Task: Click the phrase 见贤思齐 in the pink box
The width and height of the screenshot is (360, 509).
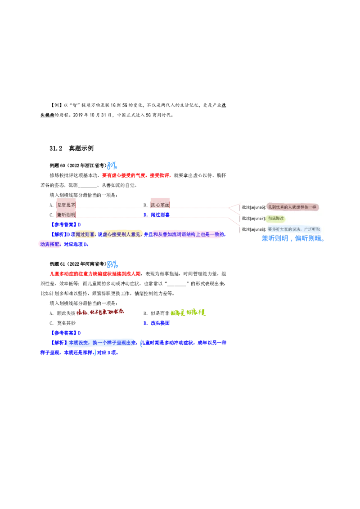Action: [x=66, y=205]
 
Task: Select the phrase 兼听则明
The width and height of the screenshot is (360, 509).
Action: [x=66, y=215]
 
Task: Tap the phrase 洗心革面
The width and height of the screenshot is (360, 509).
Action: [x=160, y=205]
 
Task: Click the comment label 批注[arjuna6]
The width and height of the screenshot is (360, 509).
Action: [x=253, y=207]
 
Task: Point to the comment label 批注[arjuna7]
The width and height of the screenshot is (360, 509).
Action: [x=253, y=219]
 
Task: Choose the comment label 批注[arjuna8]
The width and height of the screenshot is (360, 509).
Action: [x=253, y=229]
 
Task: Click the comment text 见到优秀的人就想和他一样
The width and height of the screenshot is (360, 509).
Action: [x=292, y=207]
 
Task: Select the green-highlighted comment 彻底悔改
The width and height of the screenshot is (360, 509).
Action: [x=276, y=219]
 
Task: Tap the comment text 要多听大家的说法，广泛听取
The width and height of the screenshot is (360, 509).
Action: [x=294, y=229]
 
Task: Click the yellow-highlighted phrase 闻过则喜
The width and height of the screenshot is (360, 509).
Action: [x=86, y=234]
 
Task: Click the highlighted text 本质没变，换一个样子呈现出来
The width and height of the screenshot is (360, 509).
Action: [x=101, y=343]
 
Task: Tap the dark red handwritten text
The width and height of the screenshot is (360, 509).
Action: [x=100, y=311]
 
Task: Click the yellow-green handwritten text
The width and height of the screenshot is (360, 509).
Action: [x=188, y=312]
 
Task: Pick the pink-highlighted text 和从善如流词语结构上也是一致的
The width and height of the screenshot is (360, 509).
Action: [x=188, y=234]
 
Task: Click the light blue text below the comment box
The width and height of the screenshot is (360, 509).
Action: [x=292, y=239]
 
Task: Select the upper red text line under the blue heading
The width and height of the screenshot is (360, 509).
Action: [x=136, y=176]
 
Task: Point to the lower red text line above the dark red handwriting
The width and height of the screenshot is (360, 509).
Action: [x=94, y=273]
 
